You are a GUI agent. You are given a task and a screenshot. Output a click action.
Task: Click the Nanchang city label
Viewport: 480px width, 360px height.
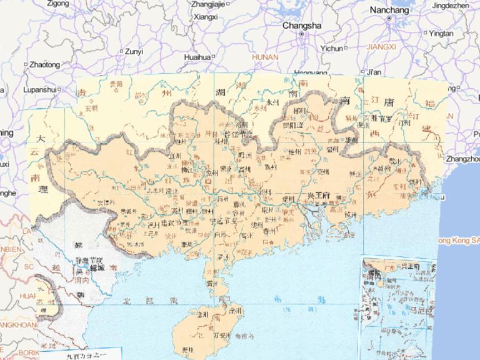pyautogui.click(x=389, y=10)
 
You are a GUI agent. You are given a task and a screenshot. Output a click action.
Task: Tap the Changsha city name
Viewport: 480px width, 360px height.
pyautogui.click(x=301, y=26)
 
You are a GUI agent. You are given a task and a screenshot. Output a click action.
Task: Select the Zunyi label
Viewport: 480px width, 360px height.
pyautogui.click(x=134, y=51)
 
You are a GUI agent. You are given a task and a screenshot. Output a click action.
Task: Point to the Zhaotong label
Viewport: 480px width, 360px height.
pyautogui.click(x=44, y=64)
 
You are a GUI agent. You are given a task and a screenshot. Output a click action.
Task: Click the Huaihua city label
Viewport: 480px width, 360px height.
pyautogui.click(x=197, y=57)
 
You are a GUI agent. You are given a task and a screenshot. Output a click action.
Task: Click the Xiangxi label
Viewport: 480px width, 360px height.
pyautogui.click(x=206, y=17)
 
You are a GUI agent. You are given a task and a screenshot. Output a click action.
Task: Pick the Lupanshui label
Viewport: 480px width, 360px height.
pyautogui.click(x=40, y=89)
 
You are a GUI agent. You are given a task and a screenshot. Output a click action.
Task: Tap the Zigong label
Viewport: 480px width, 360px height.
pyautogui.click(x=58, y=4)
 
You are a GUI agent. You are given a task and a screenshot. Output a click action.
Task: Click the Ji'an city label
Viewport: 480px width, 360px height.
pyautogui.click(x=374, y=72)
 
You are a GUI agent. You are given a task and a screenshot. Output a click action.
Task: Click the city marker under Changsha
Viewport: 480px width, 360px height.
pyautogui.click(x=301, y=34)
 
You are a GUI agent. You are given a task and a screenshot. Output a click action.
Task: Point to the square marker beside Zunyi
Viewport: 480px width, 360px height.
pyautogui.click(x=122, y=51)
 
